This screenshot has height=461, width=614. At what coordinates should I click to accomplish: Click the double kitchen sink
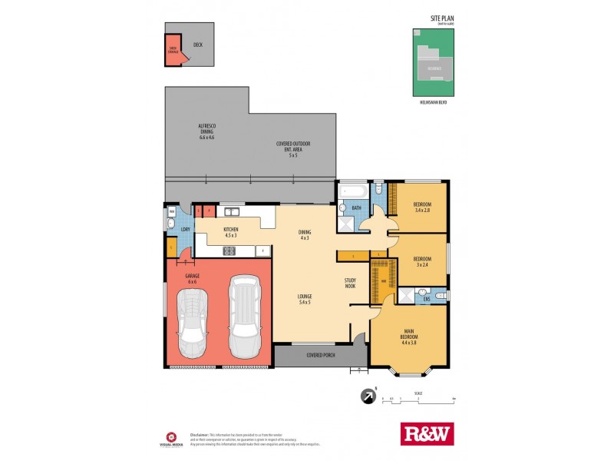231,211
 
